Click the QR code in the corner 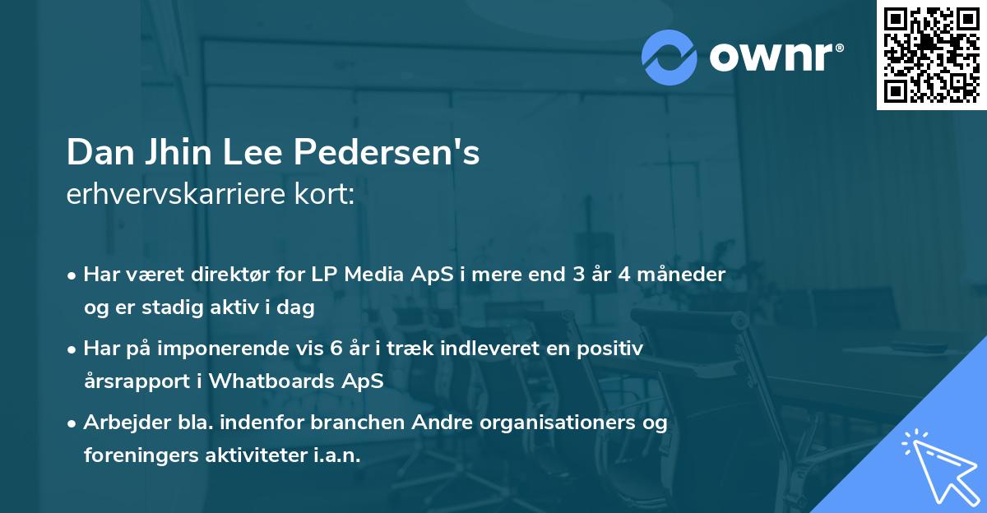click(x=932, y=55)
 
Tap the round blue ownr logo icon click(x=670, y=57)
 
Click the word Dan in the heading click(x=95, y=153)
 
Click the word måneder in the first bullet click(x=685, y=275)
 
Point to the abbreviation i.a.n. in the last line click(x=335, y=455)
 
